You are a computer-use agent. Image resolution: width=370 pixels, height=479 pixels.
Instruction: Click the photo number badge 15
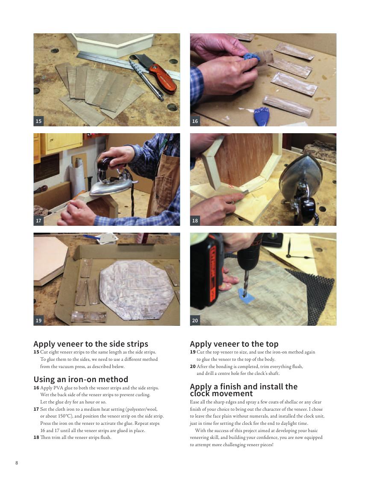[38, 121]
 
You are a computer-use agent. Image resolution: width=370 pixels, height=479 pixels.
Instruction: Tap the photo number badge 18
[195, 221]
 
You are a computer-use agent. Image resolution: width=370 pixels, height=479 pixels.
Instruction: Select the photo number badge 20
[195, 321]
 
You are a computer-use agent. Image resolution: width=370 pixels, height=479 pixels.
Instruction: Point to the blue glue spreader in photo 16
[262, 117]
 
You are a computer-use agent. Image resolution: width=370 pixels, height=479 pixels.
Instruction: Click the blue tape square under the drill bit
[246, 295]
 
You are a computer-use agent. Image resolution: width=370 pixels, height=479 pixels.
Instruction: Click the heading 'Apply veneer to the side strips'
[91, 344]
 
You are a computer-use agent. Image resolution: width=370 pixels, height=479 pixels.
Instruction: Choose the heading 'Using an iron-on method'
[81, 380]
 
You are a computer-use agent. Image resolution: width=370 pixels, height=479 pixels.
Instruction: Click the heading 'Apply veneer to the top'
[234, 344]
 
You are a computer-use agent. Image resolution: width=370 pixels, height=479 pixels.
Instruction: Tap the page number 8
[17, 463]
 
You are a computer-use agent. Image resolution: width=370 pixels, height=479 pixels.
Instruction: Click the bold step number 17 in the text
[36, 409]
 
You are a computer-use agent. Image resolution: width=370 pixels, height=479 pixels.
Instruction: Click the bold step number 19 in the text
[193, 352]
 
